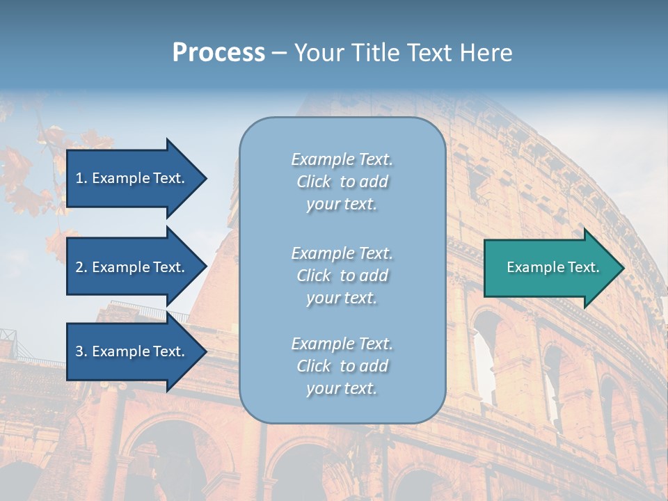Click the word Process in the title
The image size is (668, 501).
click(x=218, y=53)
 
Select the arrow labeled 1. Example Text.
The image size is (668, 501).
click(x=132, y=178)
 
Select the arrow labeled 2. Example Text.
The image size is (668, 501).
click(x=132, y=267)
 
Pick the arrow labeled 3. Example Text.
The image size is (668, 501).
click(x=132, y=351)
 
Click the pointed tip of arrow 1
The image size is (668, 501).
click(x=205, y=178)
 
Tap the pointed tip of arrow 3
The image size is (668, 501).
click(x=205, y=351)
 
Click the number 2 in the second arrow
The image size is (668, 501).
click(x=79, y=267)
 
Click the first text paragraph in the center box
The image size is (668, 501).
click(x=342, y=182)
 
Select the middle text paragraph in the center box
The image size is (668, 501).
click(x=342, y=276)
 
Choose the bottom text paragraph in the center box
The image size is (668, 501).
click(x=342, y=366)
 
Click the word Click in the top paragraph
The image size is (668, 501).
click(x=314, y=182)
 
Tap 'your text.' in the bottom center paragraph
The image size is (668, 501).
click(x=342, y=388)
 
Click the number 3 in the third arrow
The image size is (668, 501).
click(x=79, y=351)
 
